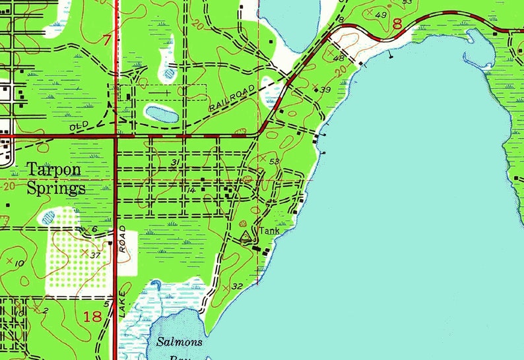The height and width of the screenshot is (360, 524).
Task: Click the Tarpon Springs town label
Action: [x=56, y=179]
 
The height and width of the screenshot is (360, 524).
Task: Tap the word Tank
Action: [x=269, y=231]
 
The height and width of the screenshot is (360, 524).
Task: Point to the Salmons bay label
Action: [x=180, y=343]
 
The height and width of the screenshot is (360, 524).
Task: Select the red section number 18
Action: [x=93, y=316]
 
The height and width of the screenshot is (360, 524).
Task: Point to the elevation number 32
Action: [x=238, y=286]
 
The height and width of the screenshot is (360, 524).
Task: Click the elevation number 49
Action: [x=381, y=15]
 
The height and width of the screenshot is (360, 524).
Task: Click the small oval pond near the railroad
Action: [x=161, y=115]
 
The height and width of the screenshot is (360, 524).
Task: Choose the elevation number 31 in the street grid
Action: [x=175, y=163]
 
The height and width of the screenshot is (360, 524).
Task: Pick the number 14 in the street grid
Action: [x=191, y=191]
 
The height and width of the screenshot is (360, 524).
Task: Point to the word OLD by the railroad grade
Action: [x=79, y=125]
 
